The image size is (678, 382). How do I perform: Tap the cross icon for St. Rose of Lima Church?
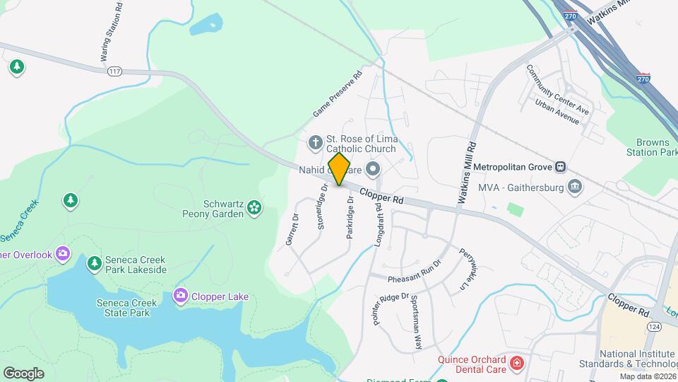click(x=315, y=144)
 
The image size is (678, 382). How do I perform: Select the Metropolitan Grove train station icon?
click(x=560, y=167)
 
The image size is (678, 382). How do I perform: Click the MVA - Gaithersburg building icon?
click(x=575, y=187)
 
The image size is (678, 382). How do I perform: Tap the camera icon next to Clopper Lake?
click(x=180, y=296)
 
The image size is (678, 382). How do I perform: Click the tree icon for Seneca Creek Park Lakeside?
click(x=93, y=264)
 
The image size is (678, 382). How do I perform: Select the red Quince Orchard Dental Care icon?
click(x=517, y=363)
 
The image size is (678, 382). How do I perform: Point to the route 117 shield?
click(x=114, y=71)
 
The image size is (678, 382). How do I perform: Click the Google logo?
click(x=23, y=373)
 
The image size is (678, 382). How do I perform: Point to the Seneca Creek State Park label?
click(x=107, y=308)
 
